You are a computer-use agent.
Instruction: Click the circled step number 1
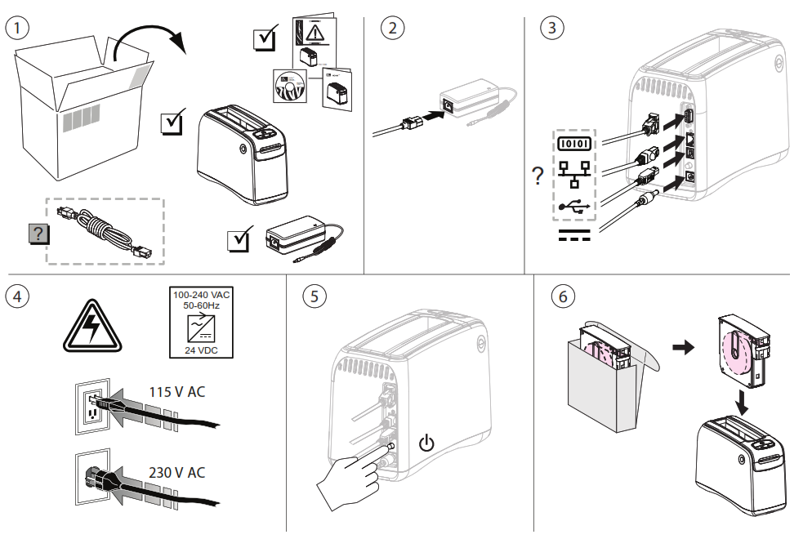(x=18, y=26)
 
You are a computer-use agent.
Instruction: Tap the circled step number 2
(x=393, y=26)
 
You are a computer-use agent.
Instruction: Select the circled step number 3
(x=553, y=26)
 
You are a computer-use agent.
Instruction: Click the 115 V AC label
(x=176, y=391)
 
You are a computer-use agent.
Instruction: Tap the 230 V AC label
(x=176, y=472)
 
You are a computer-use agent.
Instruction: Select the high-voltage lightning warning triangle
(x=91, y=326)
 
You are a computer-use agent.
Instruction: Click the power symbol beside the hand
(x=426, y=445)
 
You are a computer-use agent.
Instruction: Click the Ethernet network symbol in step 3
(x=576, y=173)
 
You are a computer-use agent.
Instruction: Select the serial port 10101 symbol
(x=576, y=143)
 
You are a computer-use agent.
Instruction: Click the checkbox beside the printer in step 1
(x=174, y=122)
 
